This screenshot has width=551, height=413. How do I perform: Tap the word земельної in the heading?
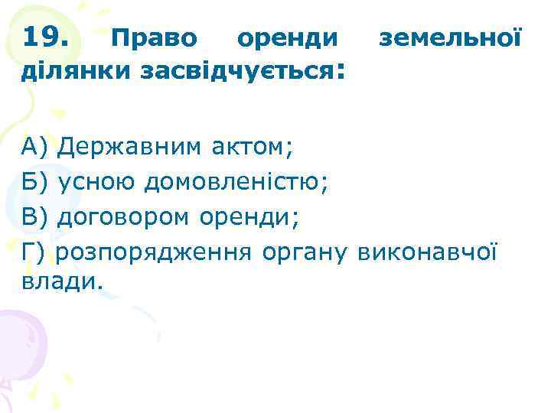coord(452,37)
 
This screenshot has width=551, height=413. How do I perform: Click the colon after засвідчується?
coord(340,73)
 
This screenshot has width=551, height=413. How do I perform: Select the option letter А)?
coord(35,146)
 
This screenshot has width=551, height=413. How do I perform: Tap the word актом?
coord(253,146)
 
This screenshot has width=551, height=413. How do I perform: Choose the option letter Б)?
coord(35,182)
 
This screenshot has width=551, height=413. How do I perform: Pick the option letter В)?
coord(35,217)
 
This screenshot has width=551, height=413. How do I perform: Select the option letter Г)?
coord(34,252)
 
